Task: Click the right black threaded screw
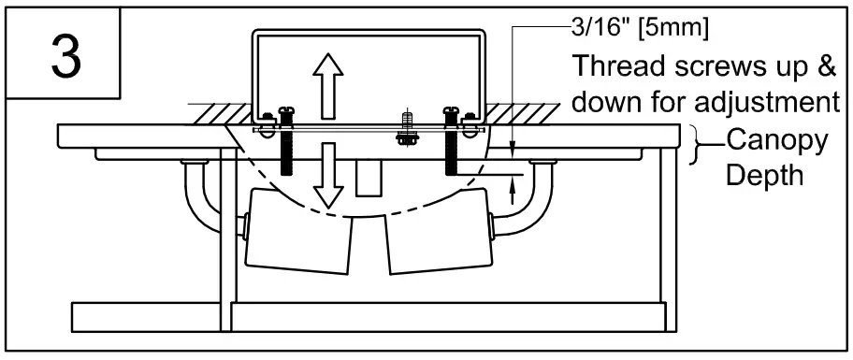tap(453, 150)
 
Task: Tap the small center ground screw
tap(406, 128)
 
